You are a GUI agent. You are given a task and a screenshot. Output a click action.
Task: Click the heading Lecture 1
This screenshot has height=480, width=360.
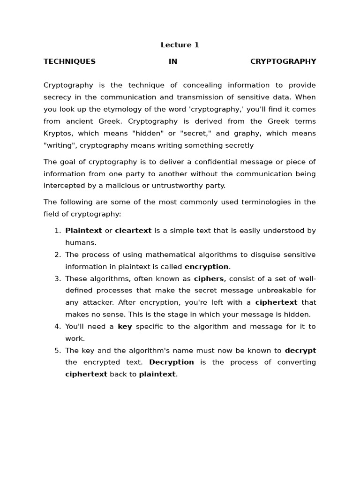(180, 45)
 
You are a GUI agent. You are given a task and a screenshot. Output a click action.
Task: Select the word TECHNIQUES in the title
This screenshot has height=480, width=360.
(69, 61)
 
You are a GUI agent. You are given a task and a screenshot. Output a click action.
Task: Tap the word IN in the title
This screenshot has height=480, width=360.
(173, 61)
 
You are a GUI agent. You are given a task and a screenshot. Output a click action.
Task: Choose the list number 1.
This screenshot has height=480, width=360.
(57, 231)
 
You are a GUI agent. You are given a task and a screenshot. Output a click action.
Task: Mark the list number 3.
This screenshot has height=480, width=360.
(57, 278)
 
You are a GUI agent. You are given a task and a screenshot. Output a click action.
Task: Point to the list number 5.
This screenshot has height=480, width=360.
(57, 350)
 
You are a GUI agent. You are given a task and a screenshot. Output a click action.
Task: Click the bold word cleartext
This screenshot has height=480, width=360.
(133, 231)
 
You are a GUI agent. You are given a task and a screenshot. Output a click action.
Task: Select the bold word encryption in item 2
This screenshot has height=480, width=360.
(206, 267)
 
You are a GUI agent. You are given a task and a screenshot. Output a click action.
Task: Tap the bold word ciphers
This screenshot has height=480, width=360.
(209, 278)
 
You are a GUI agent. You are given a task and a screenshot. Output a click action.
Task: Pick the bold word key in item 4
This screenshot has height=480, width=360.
(125, 326)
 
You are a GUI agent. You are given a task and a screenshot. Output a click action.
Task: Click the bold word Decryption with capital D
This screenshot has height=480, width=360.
(171, 362)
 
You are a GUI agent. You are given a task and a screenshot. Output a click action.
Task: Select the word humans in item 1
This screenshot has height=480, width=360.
(80, 243)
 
